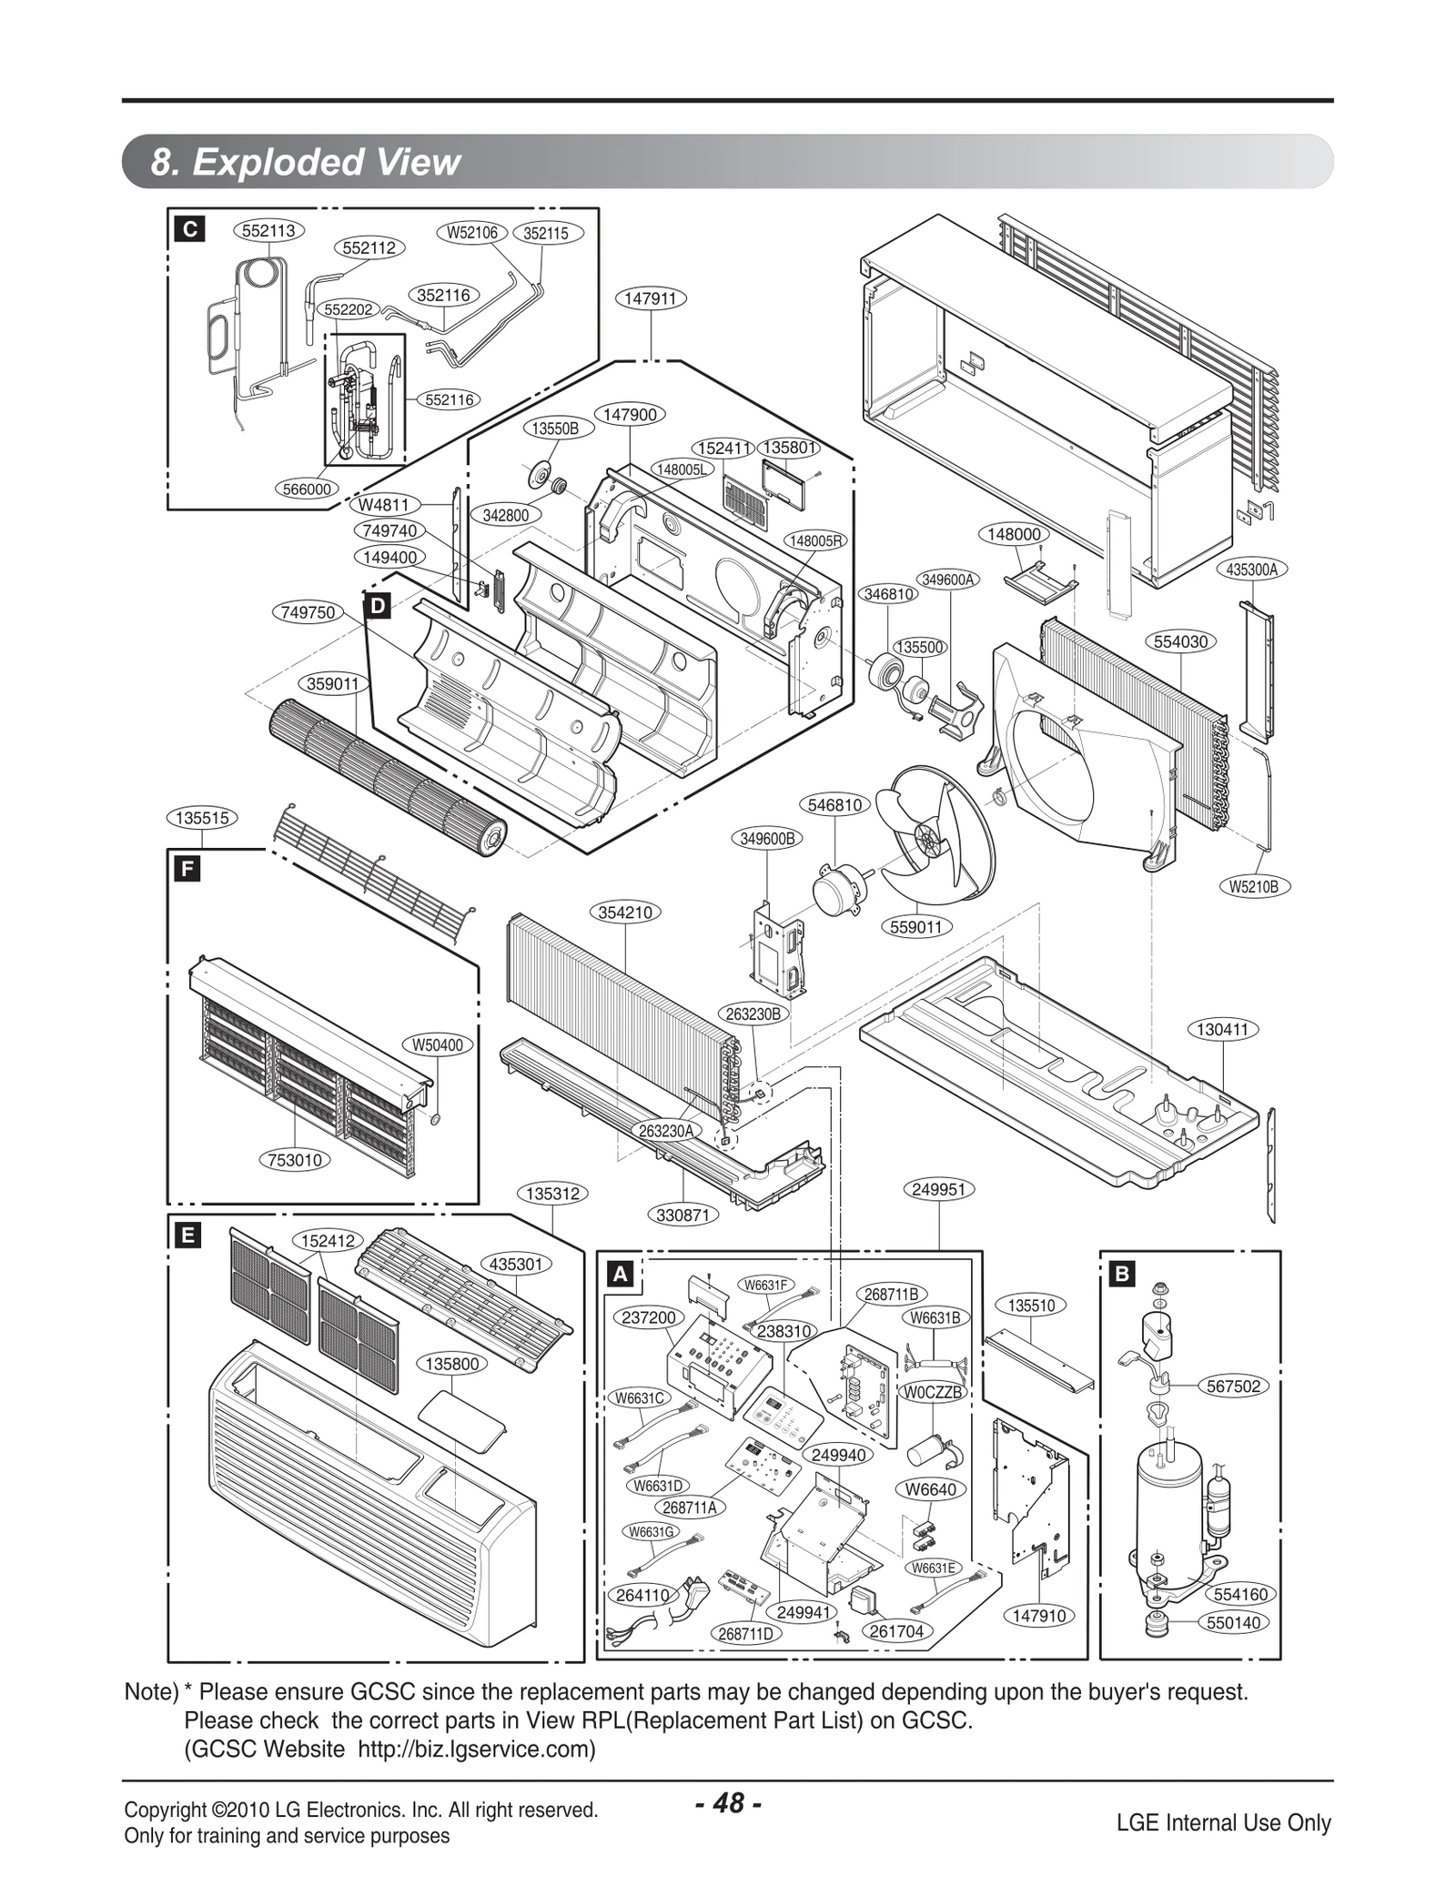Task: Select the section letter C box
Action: click(x=189, y=229)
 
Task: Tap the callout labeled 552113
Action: click(x=269, y=230)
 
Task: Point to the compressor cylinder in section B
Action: click(x=1168, y=1509)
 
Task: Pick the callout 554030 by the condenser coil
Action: click(x=1180, y=641)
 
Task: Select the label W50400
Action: click(x=438, y=1045)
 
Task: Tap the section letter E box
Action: click(x=187, y=1235)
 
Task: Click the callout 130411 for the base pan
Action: click(x=1222, y=1030)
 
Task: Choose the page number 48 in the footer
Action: click(x=728, y=1802)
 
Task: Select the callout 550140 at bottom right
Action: click(x=1234, y=1622)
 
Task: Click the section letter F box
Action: click(x=187, y=869)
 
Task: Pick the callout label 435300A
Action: click(x=1252, y=570)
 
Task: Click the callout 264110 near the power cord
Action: click(x=643, y=1595)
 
